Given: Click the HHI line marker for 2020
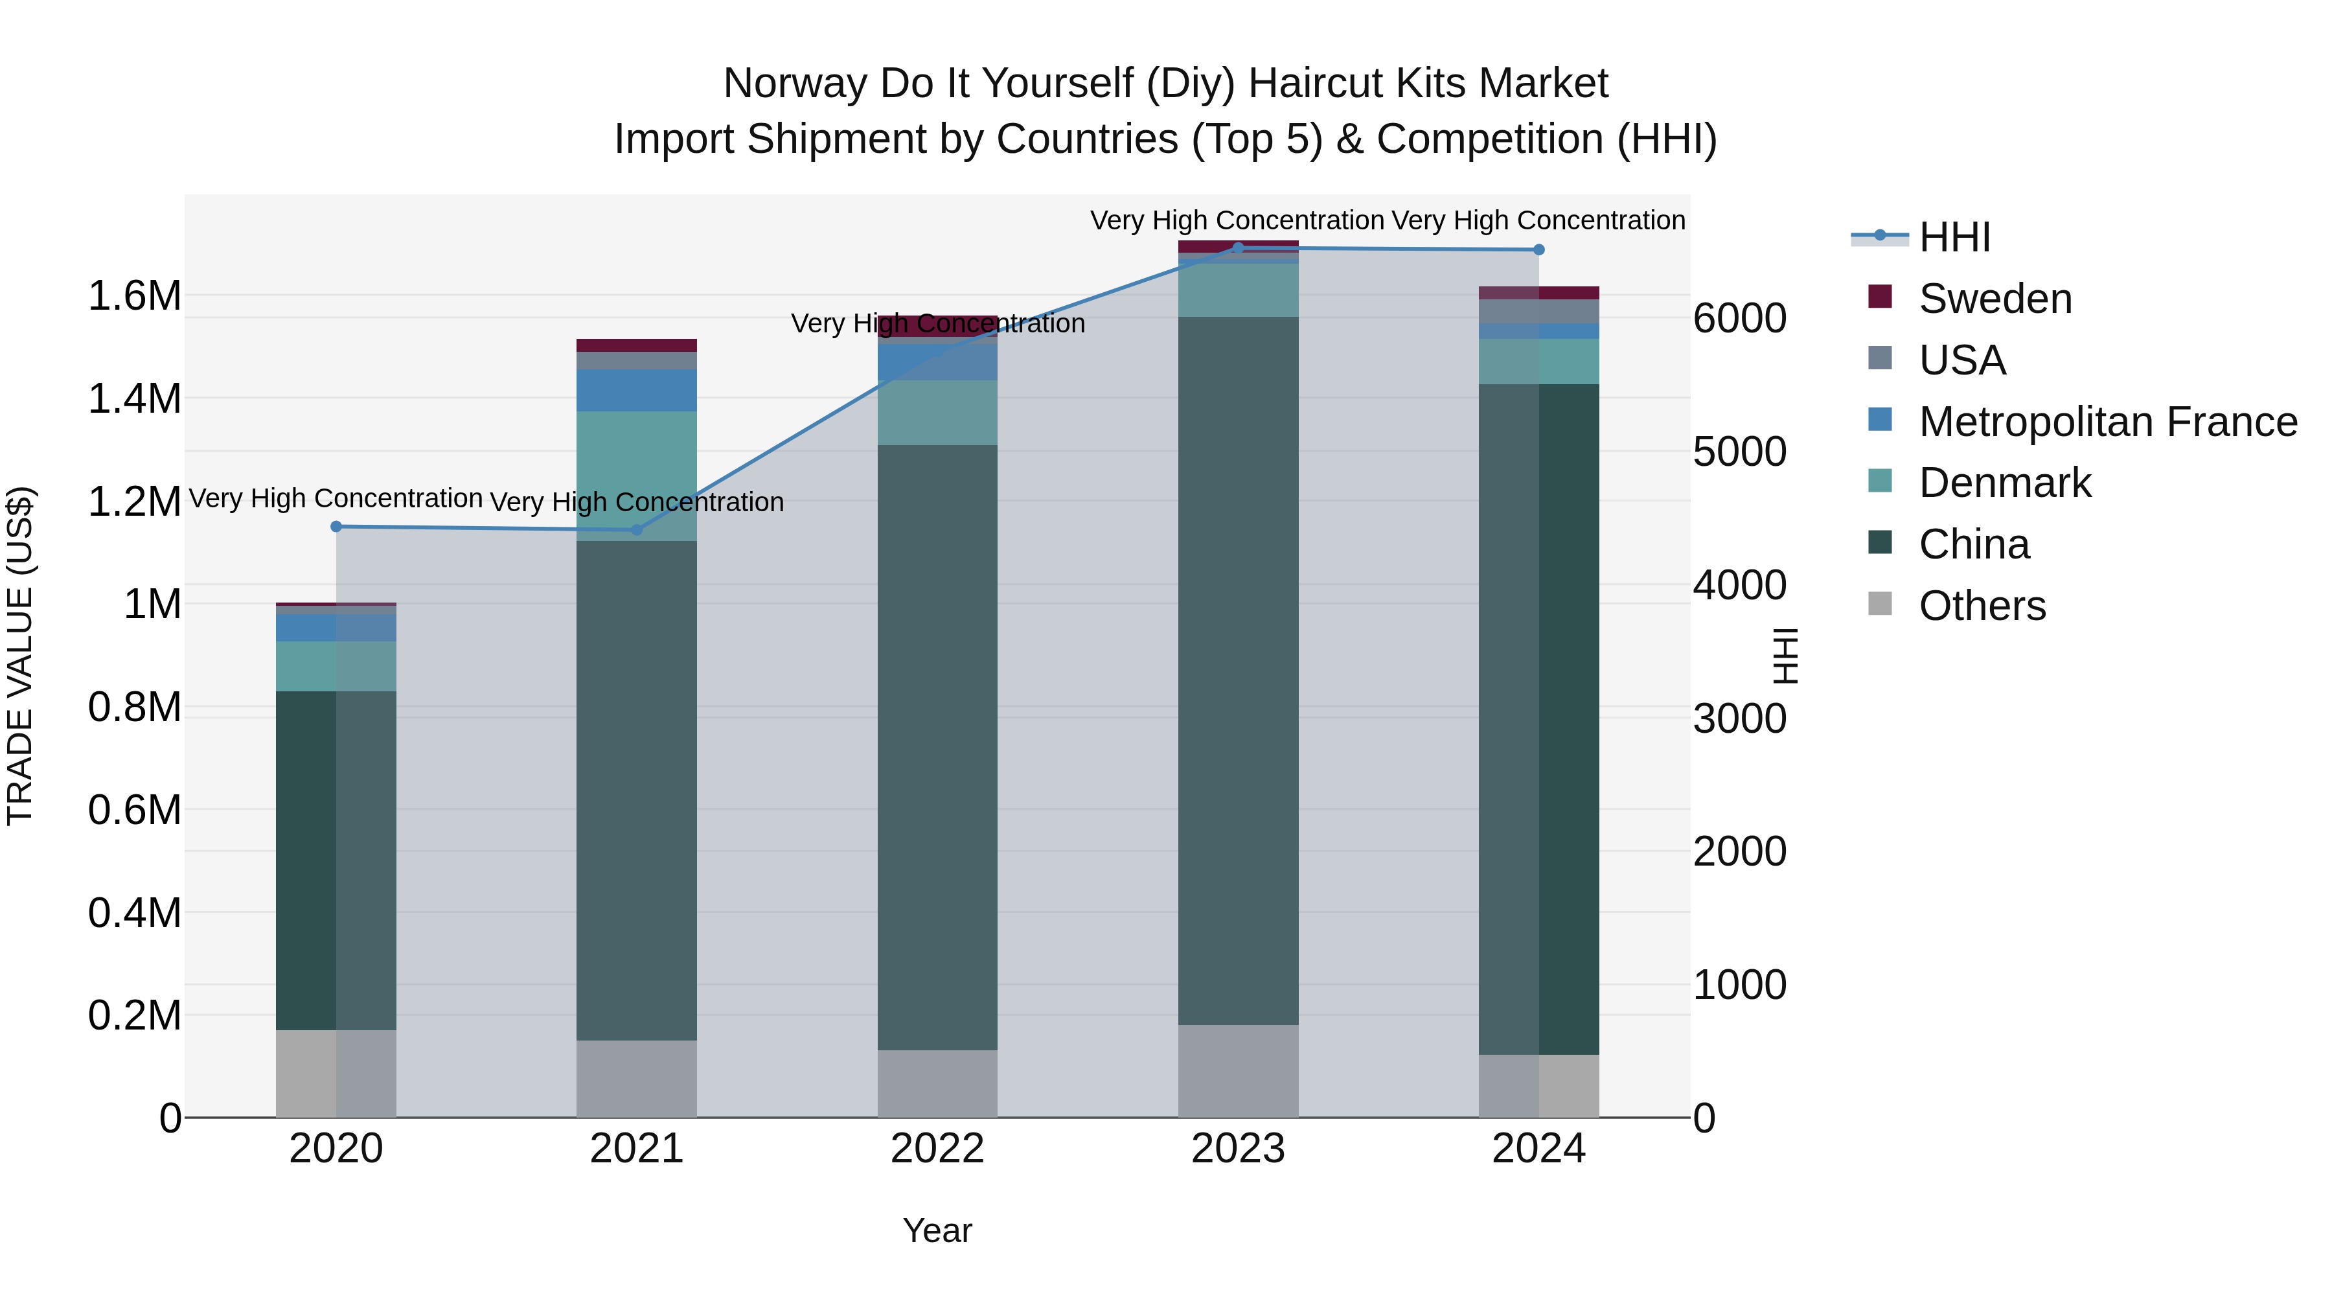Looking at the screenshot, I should (336, 526).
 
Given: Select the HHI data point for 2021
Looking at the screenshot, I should (636, 530).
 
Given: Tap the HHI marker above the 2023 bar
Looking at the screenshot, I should (1237, 247).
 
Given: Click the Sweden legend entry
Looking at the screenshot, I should (1995, 299).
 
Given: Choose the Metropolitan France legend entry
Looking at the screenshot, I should (2107, 422).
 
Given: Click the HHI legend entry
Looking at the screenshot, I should (1954, 237).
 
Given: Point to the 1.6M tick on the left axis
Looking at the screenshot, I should (135, 296).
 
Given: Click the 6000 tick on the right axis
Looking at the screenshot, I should (1739, 319).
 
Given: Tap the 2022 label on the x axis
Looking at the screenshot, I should (937, 1149).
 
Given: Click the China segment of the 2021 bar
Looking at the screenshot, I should (636, 788).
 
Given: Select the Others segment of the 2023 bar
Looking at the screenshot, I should (1237, 1070).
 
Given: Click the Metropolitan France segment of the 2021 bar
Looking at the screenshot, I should (636, 390).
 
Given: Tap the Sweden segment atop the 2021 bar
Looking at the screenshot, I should (636, 345).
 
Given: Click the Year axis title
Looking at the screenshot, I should (937, 1230).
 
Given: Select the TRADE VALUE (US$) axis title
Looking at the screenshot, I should (20, 656).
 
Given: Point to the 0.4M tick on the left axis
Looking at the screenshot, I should (135, 913).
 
